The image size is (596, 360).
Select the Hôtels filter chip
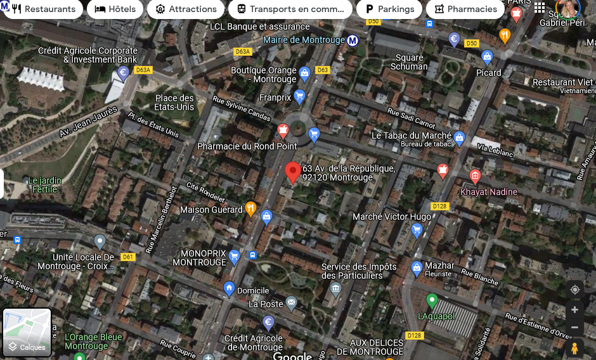click(x=115, y=9)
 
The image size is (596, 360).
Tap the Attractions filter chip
click(x=186, y=9)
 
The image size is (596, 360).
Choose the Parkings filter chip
click(x=389, y=9)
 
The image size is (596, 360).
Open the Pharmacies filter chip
click(x=465, y=9)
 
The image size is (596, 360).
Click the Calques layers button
click(x=27, y=332)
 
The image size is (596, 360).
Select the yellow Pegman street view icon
click(x=574, y=348)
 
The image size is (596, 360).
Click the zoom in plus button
click(x=574, y=309)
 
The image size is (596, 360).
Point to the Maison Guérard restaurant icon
click(x=250, y=208)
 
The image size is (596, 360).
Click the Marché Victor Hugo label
click(x=392, y=217)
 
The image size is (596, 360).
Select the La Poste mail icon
click(x=291, y=302)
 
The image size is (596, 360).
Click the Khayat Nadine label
click(x=489, y=191)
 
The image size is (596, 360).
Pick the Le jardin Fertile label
click(x=44, y=184)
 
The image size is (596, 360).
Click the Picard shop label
click(x=488, y=72)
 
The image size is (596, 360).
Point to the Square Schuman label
click(x=409, y=62)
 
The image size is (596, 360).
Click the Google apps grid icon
click(x=540, y=8)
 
